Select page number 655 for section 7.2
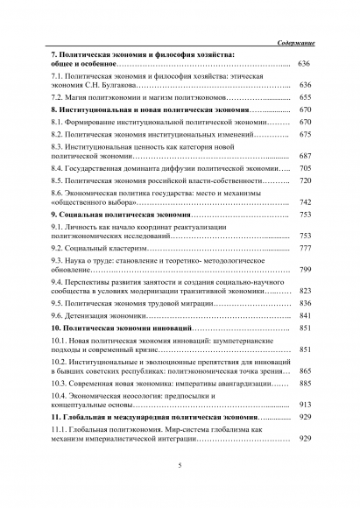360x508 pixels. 305,99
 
